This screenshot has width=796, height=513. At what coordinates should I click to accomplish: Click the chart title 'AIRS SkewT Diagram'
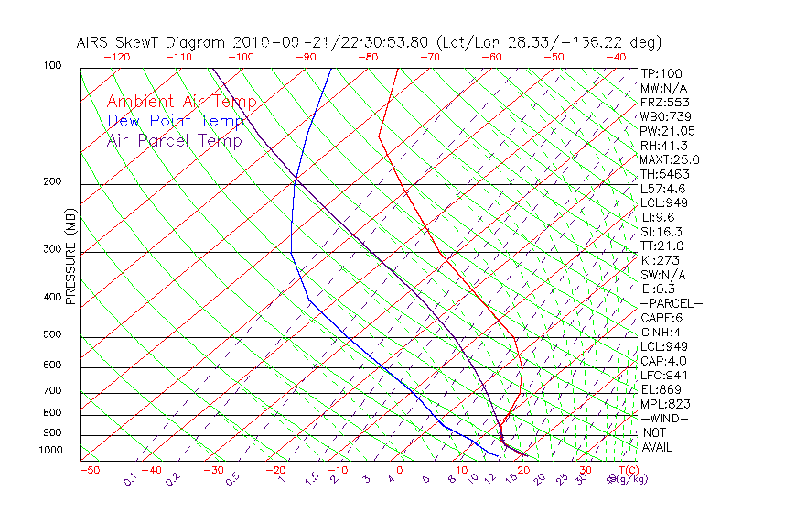point(152,42)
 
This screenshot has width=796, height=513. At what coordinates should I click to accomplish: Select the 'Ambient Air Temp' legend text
point(181,103)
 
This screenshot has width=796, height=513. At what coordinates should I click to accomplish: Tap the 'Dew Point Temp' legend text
point(176,122)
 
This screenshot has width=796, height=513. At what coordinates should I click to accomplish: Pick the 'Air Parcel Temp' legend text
point(174,141)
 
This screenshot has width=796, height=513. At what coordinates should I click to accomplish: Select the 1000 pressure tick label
point(51,451)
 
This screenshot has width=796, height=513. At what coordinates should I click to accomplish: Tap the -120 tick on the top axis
point(116,57)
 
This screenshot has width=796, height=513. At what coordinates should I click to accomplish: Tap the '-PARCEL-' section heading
point(671,303)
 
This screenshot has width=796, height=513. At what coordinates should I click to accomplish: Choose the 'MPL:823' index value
point(663,404)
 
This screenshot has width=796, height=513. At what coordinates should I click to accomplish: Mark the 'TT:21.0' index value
point(662,246)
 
